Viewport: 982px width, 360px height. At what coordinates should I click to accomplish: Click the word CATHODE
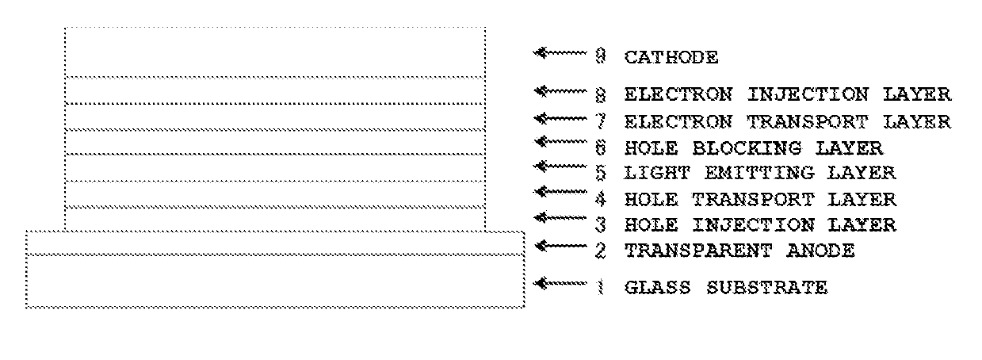[671, 57]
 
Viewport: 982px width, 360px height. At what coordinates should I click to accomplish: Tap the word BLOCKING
[747, 148]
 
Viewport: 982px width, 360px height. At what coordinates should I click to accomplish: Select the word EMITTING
[759, 173]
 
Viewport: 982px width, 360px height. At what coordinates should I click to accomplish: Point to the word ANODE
[820, 251]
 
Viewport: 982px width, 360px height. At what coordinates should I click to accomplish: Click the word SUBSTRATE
[767, 288]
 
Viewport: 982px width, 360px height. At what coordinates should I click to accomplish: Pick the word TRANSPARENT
[698, 251]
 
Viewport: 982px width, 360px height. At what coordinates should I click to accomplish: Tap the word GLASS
[657, 288]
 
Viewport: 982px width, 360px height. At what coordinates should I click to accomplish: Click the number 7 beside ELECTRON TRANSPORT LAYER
[601, 121]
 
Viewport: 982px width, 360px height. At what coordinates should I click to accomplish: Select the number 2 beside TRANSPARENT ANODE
[601, 251]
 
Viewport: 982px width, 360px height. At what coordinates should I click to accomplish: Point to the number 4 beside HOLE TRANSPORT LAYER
[601, 200]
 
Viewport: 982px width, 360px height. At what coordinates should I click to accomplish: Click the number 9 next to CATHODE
[601, 56]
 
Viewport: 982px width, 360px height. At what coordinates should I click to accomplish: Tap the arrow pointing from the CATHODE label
[560, 53]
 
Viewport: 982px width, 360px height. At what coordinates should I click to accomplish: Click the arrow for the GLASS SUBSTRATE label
[560, 283]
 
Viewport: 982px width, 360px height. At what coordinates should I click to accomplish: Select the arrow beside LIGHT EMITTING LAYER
[560, 167]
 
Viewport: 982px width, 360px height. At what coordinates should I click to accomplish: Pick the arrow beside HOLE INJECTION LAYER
[560, 217]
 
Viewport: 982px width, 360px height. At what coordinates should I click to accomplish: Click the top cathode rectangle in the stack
[275, 52]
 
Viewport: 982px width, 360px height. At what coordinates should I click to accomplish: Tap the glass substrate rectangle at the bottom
[275, 281]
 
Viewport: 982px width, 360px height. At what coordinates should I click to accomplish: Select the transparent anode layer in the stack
[275, 243]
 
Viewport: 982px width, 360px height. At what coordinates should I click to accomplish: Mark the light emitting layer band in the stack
[275, 167]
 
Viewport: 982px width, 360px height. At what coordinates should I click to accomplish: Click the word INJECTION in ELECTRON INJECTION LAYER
[808, 94]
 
